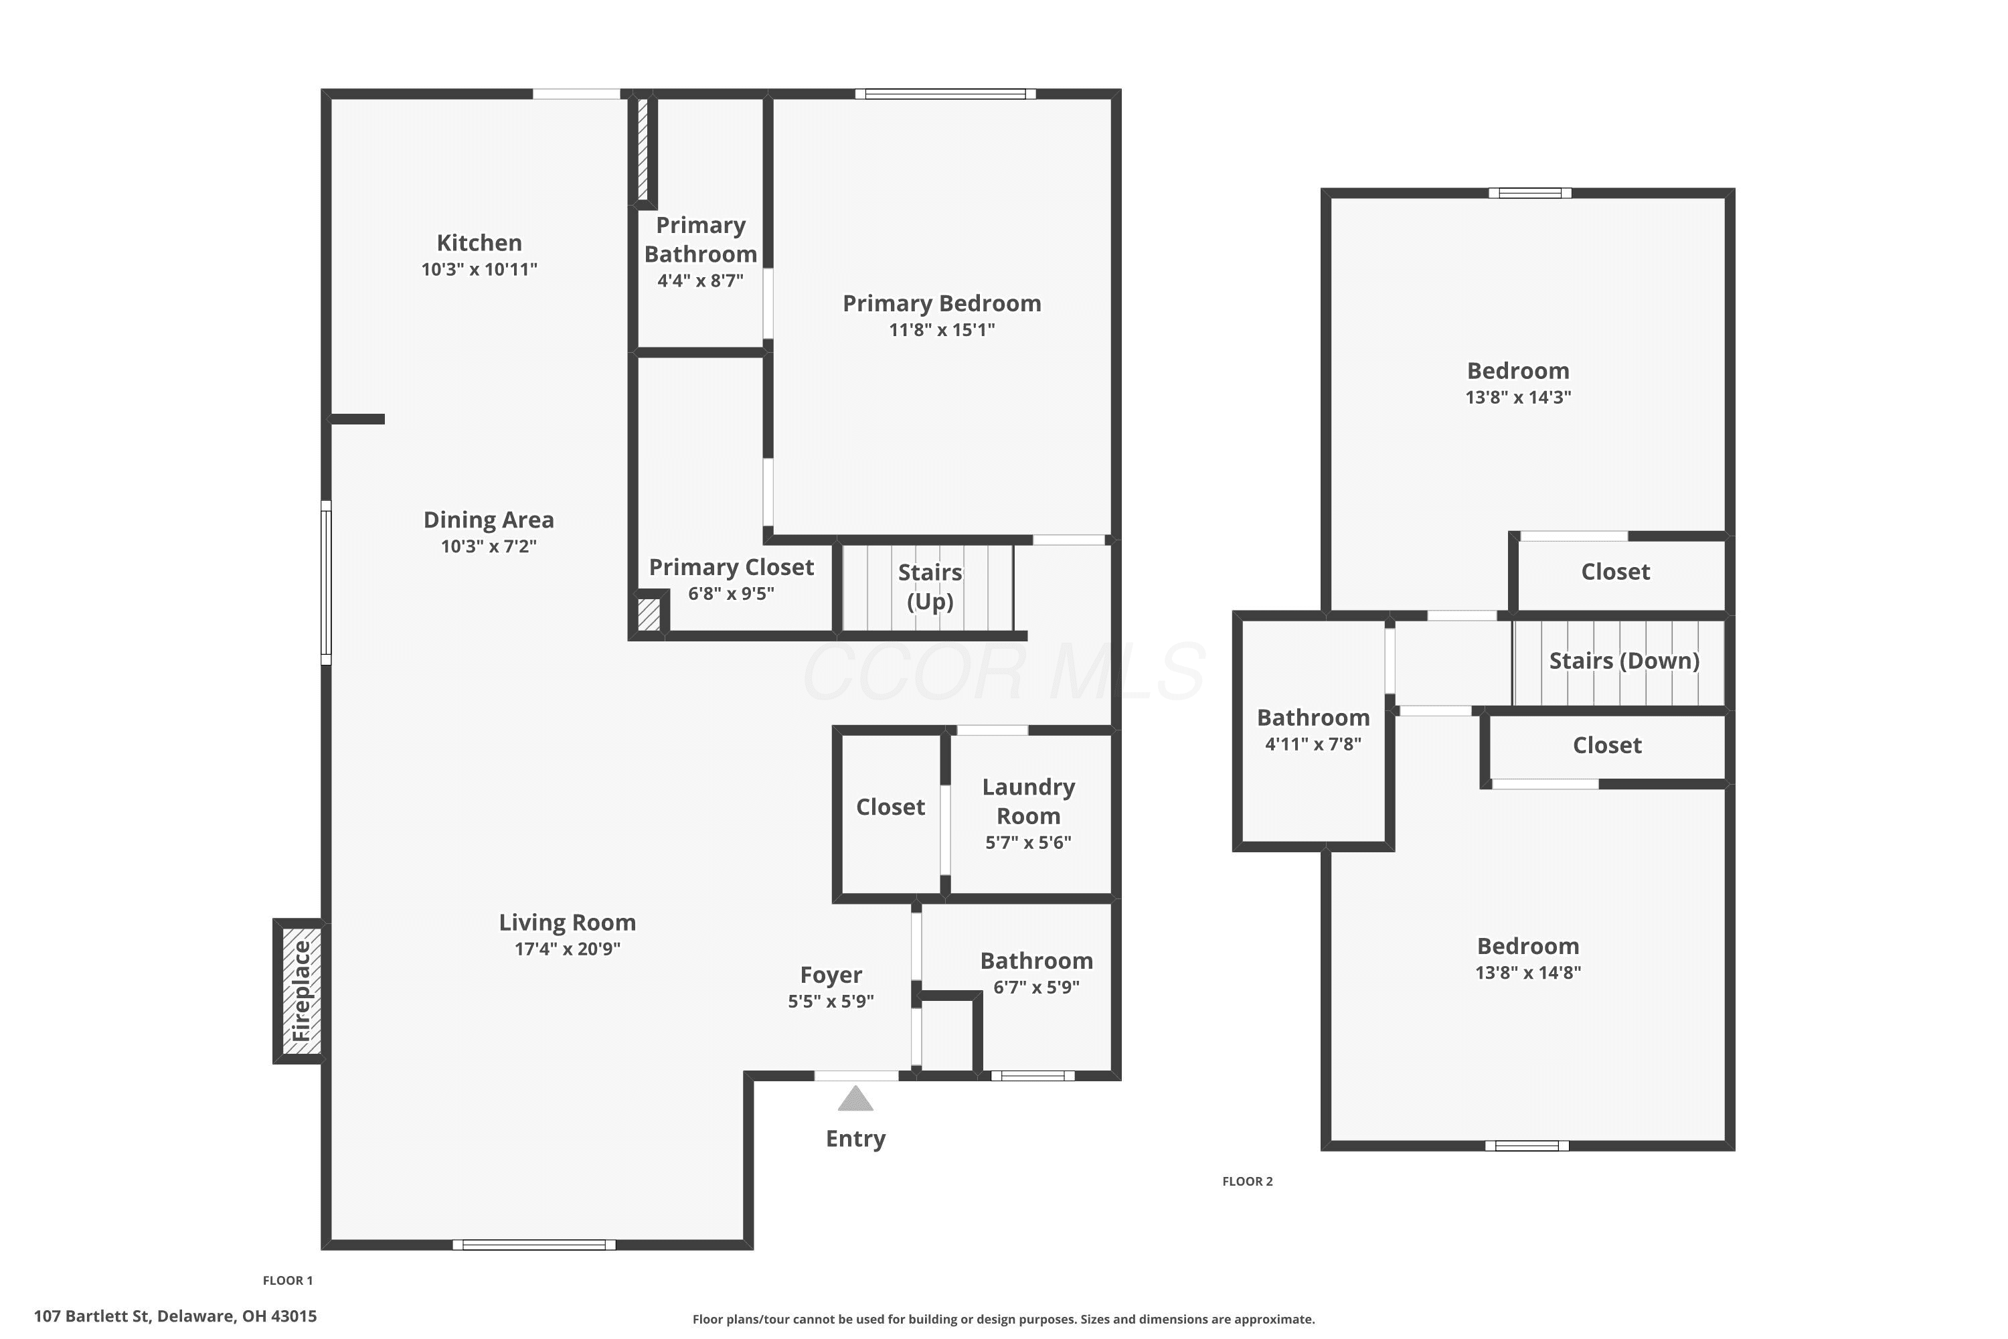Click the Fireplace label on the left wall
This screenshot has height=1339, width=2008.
click(x=301, y=991)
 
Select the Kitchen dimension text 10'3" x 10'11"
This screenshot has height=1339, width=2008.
click(x=479, y=269)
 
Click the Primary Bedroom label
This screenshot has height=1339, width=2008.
click(x=942, y=303)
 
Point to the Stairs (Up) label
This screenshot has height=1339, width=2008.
click(x=930, y=586)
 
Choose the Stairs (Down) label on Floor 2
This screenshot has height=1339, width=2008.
click(x=1624, y=661)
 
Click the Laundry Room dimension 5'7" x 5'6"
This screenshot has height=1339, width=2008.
click(x=1028, y=842)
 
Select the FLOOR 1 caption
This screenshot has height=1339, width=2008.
click(x=288, y=1280)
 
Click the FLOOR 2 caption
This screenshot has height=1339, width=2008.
click(x=1248, y=1181)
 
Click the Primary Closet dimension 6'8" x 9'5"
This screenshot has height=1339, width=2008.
click(x=731, y=593)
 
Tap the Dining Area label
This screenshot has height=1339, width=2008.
click(x=489, y=520)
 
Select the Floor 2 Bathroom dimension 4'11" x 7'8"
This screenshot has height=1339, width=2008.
click(x=1313, y=744)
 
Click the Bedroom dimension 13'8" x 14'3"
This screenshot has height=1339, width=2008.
click(x=1518, y=397)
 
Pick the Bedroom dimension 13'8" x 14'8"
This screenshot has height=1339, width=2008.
click(x=1528, y=973)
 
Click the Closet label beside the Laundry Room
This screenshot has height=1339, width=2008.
click(x=890, y=807)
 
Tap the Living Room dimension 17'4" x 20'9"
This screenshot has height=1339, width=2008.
click(x=567, y=949)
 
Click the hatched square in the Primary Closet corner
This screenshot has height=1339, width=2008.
click(x=649, y=615)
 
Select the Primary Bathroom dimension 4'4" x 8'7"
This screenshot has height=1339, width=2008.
click(x=700, y=281)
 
